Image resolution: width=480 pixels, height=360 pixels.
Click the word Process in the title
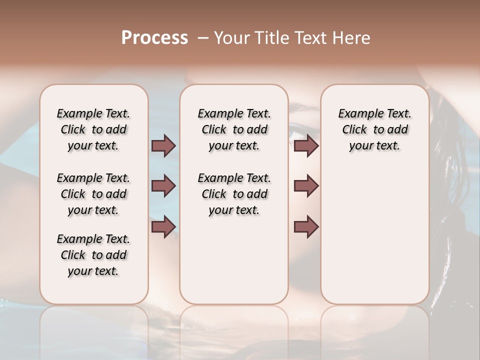click(154, 38)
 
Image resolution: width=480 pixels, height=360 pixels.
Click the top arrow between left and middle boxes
click(163, 145)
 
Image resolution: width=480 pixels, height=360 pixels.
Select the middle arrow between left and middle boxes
click(163, 186)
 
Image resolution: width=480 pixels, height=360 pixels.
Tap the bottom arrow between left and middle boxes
click(163, 226)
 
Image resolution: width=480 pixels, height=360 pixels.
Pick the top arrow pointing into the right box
click(306, 145)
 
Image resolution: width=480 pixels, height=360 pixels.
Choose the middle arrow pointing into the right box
click(306, 186)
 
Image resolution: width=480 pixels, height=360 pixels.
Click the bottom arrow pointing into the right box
click(306, 226)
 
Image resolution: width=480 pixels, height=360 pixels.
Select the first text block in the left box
click(93, 129)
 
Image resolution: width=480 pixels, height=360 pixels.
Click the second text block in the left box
click(93, 194)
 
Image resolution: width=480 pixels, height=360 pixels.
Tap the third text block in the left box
click(93, 255)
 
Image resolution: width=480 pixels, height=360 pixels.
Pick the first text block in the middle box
click(234, 129)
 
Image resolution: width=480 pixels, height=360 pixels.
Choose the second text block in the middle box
click(234, 194)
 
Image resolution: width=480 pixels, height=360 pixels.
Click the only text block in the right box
click(375, 129)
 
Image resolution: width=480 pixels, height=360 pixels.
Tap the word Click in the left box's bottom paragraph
click(73, 255)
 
